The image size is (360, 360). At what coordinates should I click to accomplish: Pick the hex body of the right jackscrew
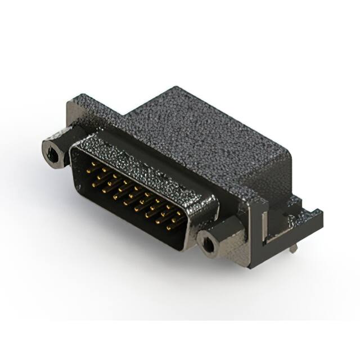217,236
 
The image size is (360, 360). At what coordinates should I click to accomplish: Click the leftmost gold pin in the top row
93,166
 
